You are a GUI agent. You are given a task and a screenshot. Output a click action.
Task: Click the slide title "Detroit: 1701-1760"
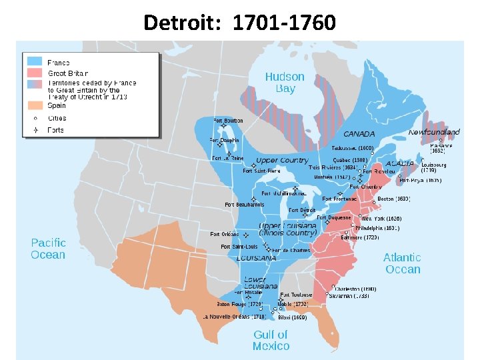239,23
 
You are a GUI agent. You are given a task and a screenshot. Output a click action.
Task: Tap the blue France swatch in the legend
35,62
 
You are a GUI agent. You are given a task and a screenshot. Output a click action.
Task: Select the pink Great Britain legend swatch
35,73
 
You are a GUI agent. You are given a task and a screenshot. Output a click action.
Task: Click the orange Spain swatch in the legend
35,105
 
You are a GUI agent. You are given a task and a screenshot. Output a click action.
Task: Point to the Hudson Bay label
285,83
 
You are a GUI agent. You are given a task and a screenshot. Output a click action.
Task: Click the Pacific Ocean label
48,249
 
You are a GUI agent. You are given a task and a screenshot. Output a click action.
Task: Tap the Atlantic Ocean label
402,263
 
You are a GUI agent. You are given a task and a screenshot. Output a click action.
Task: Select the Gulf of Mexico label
271,340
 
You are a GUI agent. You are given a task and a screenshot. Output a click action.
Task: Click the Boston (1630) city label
393,199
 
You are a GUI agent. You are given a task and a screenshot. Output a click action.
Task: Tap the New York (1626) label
381,219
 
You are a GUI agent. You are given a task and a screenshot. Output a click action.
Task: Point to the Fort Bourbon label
228,121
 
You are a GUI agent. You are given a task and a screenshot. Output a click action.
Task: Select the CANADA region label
359,134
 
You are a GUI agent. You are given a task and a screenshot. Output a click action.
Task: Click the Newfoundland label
434,132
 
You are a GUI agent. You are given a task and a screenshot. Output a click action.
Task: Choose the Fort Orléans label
225,234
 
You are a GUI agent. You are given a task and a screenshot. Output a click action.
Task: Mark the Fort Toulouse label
297,295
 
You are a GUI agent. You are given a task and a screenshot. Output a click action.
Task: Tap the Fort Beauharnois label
243,204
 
